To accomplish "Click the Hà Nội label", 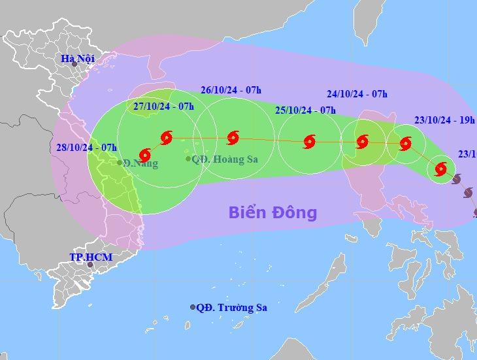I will (78, 58).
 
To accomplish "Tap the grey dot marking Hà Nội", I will (74, 64).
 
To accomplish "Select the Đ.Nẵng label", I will (141, 163).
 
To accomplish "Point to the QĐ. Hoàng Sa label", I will (222, 159).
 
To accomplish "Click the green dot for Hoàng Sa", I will (188, 159).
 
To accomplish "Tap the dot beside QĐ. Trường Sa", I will (193, 307).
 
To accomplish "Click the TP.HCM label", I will (91, 257).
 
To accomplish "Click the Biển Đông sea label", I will (272, 212).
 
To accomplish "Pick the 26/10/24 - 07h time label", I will (231, 90).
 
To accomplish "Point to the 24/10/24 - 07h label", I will (357, 93).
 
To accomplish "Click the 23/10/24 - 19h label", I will (445, 120).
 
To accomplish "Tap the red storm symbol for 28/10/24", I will (145, 155).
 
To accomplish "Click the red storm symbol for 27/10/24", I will (165, 137).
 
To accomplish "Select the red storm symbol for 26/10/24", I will (233, 138).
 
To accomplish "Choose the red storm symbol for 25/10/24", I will (309, 141).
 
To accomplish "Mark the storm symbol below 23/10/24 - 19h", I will (405, 143).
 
